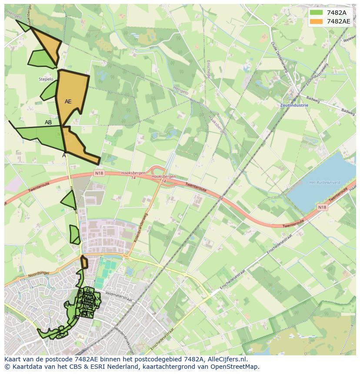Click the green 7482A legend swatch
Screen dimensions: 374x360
317,12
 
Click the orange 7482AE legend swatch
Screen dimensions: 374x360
317,21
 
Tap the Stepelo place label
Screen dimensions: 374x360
46,79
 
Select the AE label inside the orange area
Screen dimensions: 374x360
68,102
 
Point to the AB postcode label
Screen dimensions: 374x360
48,122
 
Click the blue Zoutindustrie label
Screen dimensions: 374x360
294,105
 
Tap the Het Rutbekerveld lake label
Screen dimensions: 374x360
324,182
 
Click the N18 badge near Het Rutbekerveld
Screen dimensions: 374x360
322,207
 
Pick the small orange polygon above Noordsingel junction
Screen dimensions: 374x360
84,262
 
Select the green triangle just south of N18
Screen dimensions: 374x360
70,201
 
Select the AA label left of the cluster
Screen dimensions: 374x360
67,305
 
